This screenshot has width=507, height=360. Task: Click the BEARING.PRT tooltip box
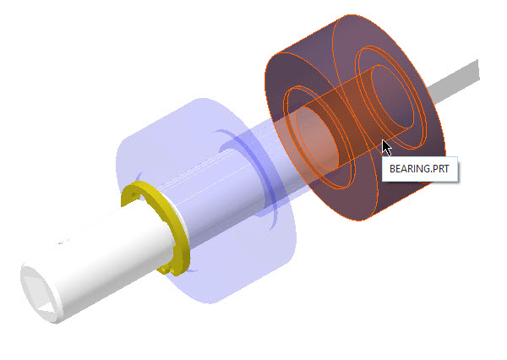tap(420, 169)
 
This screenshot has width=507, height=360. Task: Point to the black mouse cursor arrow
tap(387, 148)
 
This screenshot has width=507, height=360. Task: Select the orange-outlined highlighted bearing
tap(355, 117)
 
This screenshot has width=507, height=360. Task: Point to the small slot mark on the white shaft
tap(63, 242)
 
